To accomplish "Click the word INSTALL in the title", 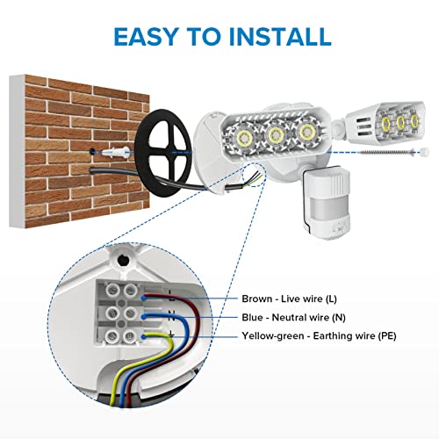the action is (x=280, y=36).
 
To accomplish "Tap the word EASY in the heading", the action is (x=145, y=36).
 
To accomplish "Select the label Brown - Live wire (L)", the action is (x=289, y=299).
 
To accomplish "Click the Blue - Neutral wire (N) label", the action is (x=293, y=317).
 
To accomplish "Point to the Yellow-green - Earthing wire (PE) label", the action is (x=319, y=335).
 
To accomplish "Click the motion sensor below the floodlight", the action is (x=327, y=203).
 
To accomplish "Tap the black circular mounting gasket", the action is (x=163, y=153).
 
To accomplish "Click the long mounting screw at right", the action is (x=386, y=152).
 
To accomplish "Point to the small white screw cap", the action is (x=424, y=152).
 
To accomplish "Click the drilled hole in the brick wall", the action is (x=93, y=152).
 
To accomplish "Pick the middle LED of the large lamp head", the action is (x=276, y=134).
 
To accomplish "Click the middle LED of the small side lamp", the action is (x=400, y=122).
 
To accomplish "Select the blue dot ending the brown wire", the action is (x=143, y=298).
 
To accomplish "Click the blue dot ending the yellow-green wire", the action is (x=143, y=336).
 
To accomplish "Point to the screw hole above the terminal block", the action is (x=122, y=260).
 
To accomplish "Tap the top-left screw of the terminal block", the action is (x=112, y=291).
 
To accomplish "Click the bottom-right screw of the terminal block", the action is (x=129, y=336).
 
